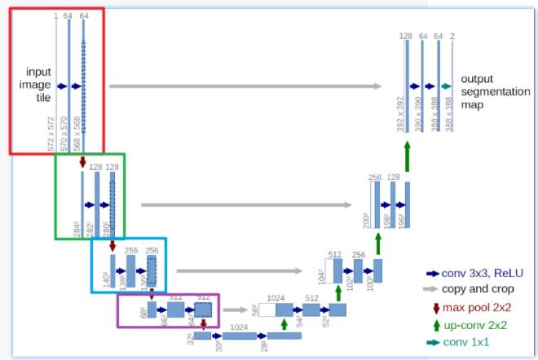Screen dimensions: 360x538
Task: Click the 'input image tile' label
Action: point(37,84)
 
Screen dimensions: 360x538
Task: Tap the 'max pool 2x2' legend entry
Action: point(472,307)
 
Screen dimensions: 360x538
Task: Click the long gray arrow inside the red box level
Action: point(245,86)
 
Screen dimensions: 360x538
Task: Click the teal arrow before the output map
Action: point(446,86)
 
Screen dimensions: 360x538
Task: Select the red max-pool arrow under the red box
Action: point(83,163)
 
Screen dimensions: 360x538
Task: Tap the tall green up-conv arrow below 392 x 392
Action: point(407,155)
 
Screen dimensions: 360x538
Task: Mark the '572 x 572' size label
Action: point(51,134)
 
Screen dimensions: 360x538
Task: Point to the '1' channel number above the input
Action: point(55,15)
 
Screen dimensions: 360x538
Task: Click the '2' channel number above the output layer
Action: point(452,36)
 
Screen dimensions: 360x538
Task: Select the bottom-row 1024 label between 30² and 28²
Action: point(239,326)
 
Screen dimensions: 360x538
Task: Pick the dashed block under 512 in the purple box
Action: point(203,310)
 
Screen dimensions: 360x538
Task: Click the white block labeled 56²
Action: point(267,310)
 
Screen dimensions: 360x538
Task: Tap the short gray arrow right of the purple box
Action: point(235,310)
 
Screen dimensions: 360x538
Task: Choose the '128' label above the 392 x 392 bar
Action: point(405,36)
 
